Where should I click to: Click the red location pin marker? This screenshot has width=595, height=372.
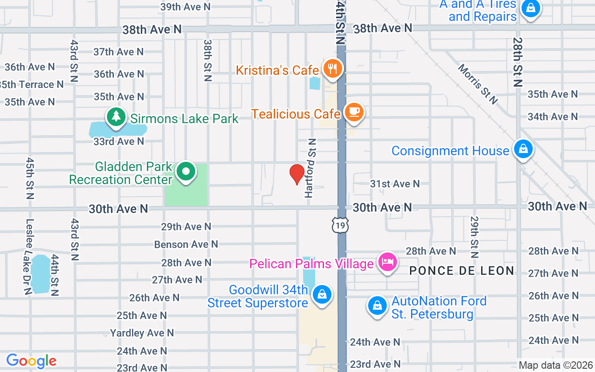coord(297,174)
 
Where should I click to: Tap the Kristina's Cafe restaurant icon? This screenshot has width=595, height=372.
coord(332,69)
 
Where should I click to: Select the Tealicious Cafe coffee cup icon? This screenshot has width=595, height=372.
coord(354,112)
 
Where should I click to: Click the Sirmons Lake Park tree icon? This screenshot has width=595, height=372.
coord(116,116)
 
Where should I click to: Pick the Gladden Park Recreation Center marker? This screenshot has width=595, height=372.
coord(186,172)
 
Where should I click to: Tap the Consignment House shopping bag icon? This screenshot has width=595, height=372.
coord(523,149)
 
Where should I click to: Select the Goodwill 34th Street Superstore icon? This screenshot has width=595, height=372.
coord(321,295)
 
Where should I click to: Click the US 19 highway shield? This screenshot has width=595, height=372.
coord(340,226)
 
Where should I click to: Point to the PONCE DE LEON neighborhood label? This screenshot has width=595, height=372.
coord(462,271)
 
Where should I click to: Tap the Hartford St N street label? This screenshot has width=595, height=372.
coord(311,168)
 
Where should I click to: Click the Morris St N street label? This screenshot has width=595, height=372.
coord(478,84)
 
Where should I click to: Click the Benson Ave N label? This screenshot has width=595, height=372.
coord(186,244)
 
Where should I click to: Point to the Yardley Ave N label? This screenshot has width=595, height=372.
coord(142,333)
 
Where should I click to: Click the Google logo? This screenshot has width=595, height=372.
coord(31,361)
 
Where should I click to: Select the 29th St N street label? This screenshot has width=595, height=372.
coord(474,237)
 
